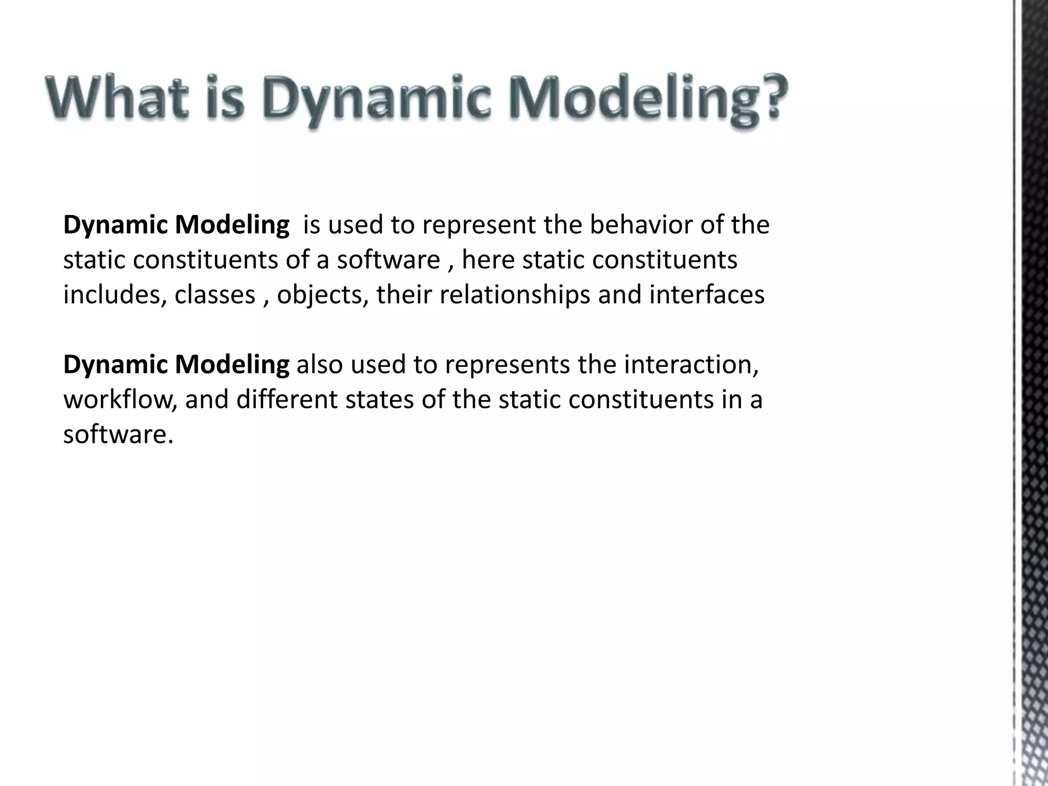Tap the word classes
(x=215, y=295)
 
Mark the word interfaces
(x=707, y=295)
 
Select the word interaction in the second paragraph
(x=691, y=365)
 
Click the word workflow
(x=120, y=400)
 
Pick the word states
(x=379, y=400)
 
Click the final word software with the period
(x=118, y=434)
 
